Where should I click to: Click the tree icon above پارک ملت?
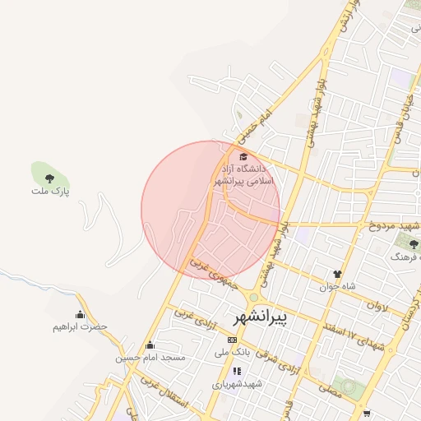click(x=49, y=176)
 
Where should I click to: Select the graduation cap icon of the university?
click(x=242, y=156)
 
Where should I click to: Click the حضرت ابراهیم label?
click(x=80, y=326)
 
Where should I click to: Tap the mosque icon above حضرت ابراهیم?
click(x=80, y=314)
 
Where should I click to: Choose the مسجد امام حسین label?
click(x=150, y=358)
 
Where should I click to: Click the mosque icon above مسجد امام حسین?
click(x=150, y=345)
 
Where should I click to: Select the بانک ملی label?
click(x=232, y=352)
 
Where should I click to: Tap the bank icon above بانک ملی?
click(x=232, y=339)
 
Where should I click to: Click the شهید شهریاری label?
click(x=237, y=384)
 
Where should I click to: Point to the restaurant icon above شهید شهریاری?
click(x=237, y=371)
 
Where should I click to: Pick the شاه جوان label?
click(x=338, y=286)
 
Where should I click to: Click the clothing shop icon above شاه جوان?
click(x=337, y=274)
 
